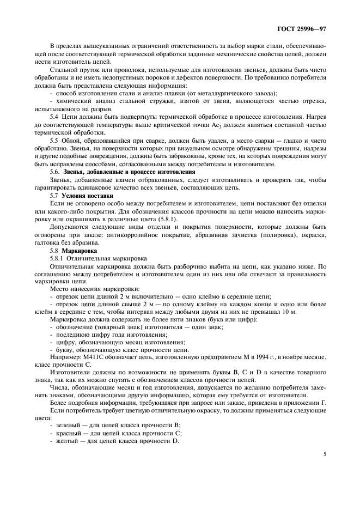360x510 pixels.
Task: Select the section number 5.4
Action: point(54,117)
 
